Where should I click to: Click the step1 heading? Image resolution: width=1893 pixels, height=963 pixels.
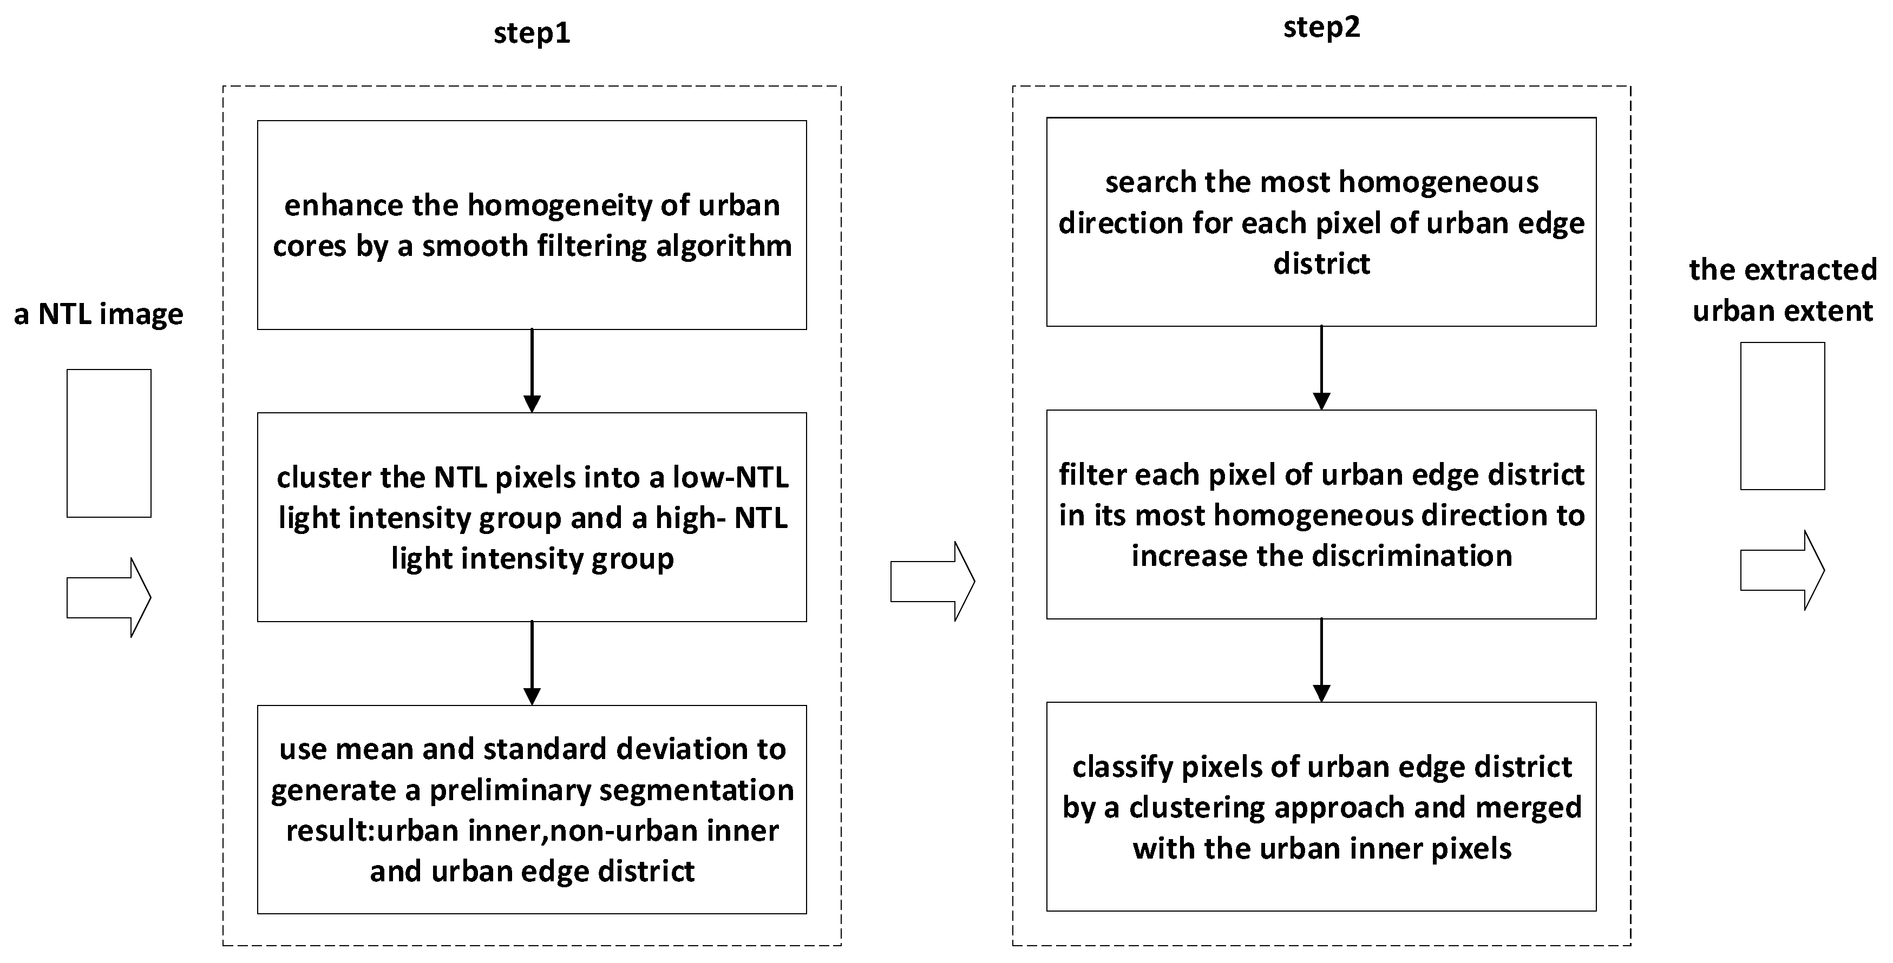coord(531,34)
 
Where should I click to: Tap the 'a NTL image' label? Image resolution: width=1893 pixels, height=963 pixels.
coord(99,314)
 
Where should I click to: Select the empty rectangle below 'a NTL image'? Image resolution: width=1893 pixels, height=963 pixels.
coord(109,443)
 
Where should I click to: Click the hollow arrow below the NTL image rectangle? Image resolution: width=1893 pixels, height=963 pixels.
coord(109,597)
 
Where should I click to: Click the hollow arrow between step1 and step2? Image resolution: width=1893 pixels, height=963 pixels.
coord(932,581)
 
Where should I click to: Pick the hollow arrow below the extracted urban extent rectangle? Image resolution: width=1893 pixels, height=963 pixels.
coord(1781,570)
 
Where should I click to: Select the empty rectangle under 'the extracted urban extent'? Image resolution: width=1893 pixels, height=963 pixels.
coord(1781,415)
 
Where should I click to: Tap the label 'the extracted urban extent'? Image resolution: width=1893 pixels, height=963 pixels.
coord(1782,290)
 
